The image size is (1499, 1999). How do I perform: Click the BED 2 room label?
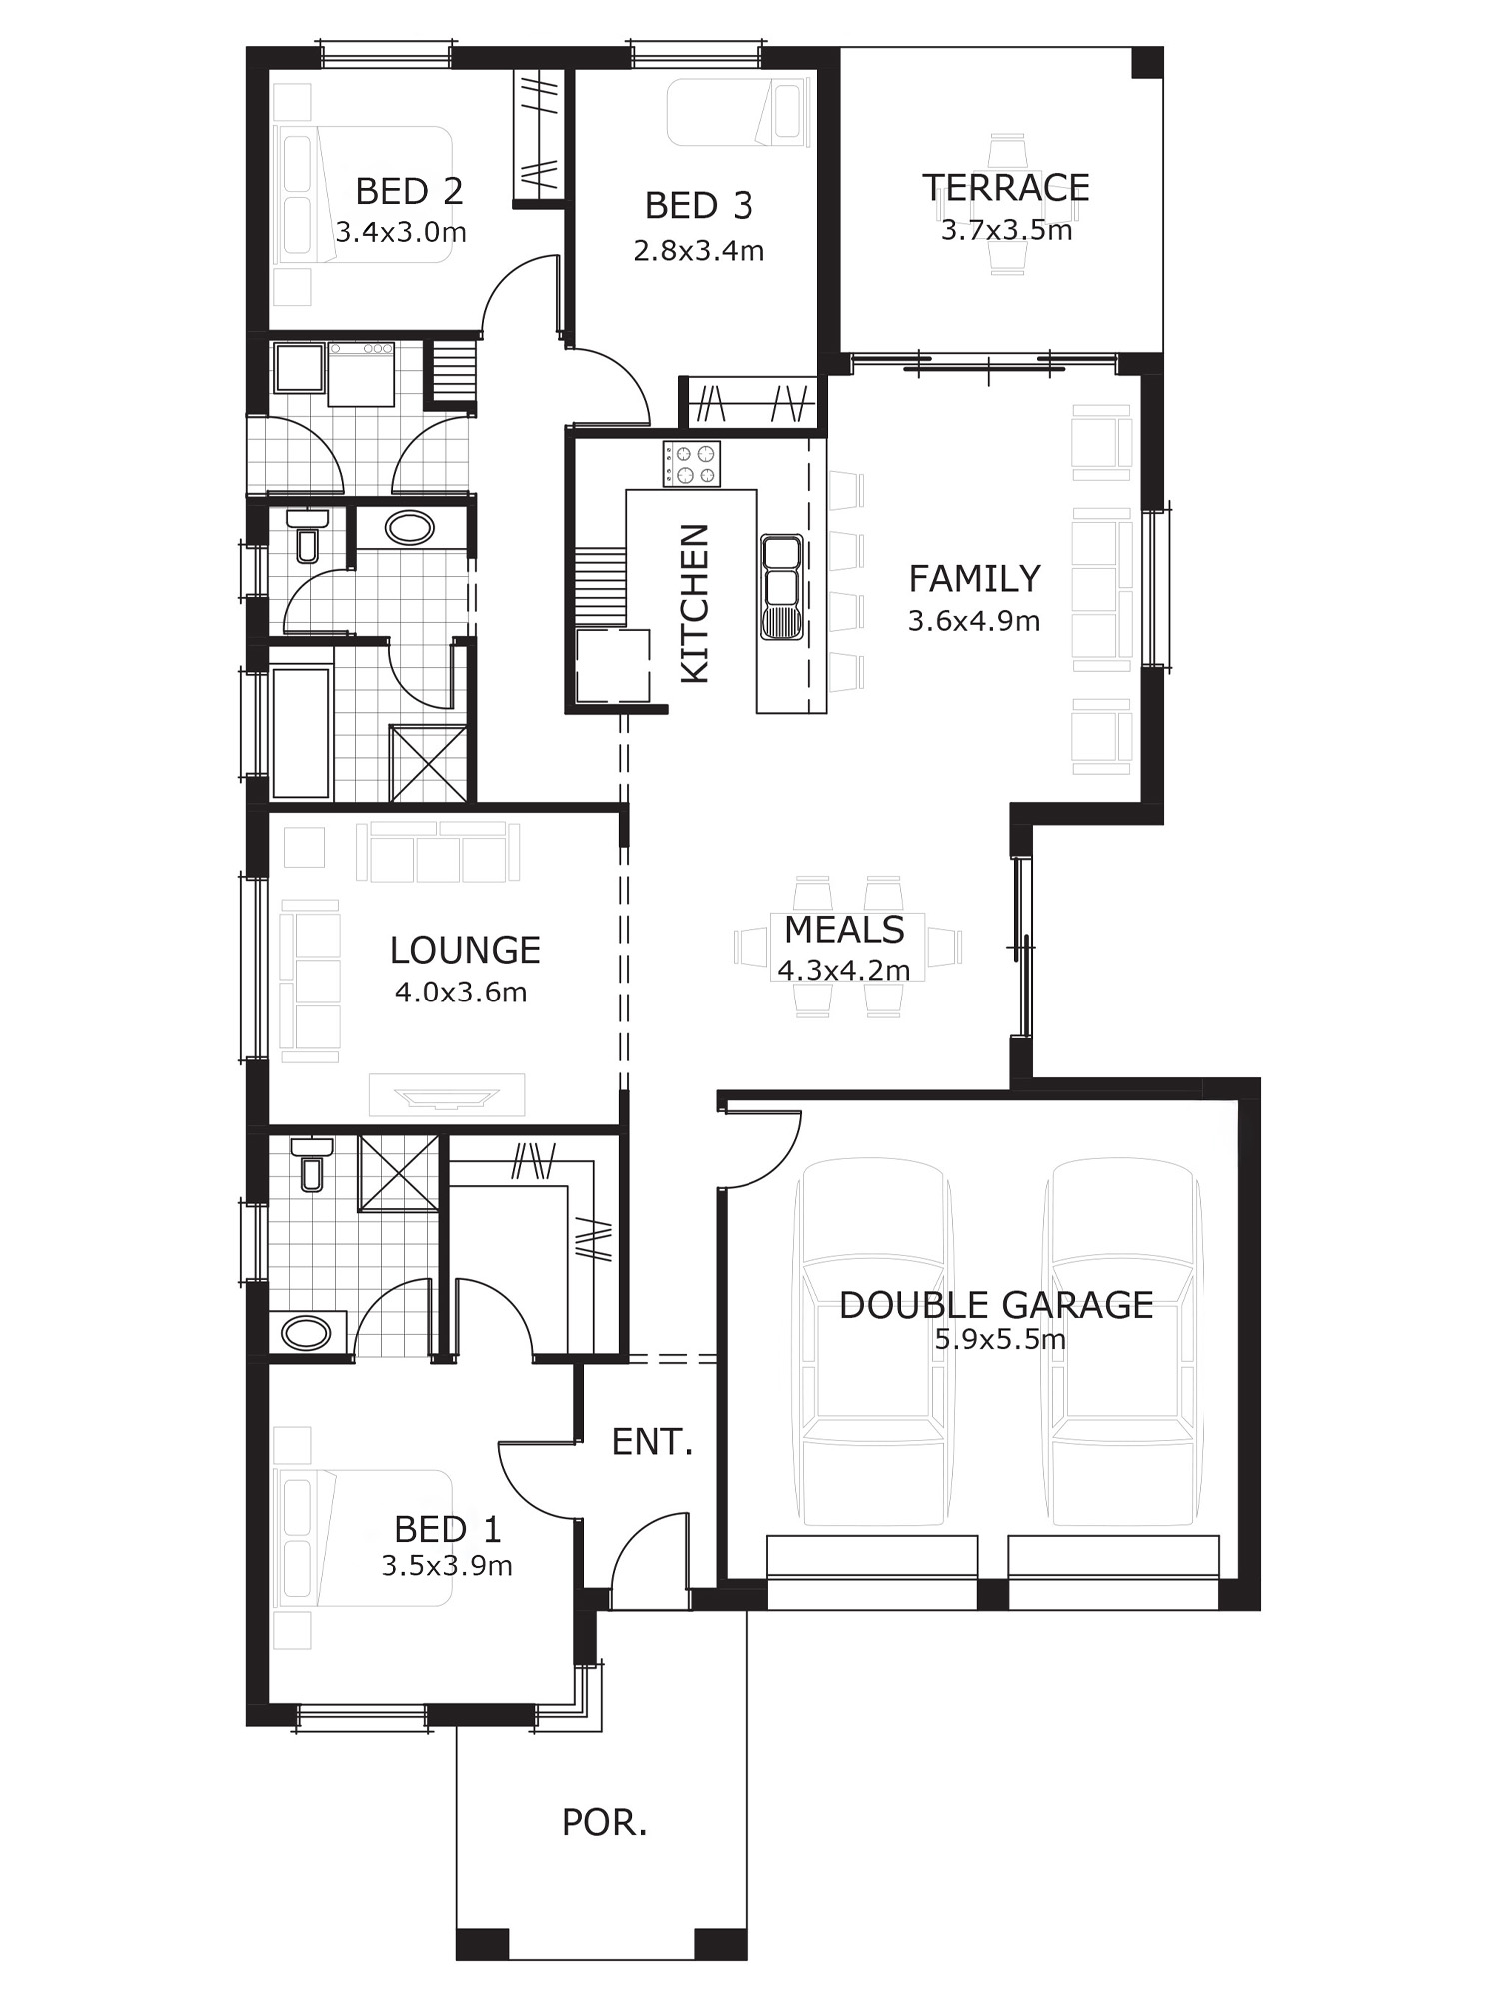click(409, 191)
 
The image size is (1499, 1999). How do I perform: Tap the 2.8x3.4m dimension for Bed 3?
click(699, 250)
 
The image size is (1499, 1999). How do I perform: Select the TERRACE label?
click(1005, 188)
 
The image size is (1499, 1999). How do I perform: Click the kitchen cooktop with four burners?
click(690, 464)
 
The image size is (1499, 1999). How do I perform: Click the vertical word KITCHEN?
click(694, 603)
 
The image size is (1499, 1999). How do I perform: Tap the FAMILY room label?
click(974, 578)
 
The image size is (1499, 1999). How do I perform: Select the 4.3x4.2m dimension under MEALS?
click(844, 970)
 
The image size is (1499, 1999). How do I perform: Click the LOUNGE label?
click(465, 950)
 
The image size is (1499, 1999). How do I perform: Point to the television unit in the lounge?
click(447, 1095)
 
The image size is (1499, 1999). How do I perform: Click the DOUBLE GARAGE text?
click(996, 1305)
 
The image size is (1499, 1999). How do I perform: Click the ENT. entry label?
click(652, 1442)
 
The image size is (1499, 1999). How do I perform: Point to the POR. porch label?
click(604, 1823)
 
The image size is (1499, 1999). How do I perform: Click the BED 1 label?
click(447, 1529)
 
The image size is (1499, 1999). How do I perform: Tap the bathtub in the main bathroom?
click(301, 733)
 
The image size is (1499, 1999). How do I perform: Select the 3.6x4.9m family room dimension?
click(974, 621)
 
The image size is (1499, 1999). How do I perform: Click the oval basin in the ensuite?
click(306, 1332)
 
